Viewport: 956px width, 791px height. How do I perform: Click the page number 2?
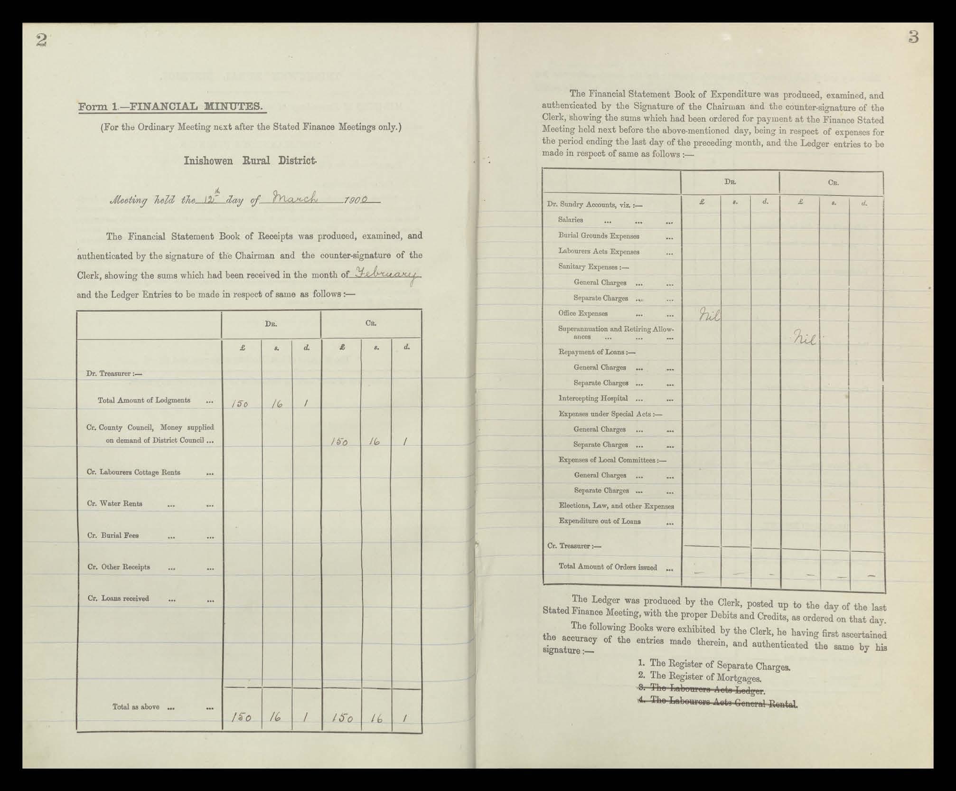coord(41,40)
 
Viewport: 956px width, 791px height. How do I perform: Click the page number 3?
coord(913,37)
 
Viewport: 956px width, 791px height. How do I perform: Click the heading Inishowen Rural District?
coord(250,160)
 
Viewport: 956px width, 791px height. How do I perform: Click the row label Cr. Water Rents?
coord(114,503)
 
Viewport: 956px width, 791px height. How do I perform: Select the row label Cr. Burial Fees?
coord(113,535)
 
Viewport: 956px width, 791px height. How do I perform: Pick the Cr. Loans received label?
coord(118,598)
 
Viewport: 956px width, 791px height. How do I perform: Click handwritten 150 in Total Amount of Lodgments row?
coord(240,404)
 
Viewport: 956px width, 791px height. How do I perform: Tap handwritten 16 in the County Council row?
coord(375,442)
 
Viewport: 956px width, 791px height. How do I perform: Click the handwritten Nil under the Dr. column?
coord(709,314)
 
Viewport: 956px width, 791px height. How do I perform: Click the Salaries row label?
coord(570,220)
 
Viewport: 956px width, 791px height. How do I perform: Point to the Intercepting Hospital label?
coord(593,398)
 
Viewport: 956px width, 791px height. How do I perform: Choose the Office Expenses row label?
coord(582,313)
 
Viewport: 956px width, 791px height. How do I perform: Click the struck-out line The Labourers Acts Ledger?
coord(702,689)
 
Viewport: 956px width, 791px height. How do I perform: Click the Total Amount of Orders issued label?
coord(608,567)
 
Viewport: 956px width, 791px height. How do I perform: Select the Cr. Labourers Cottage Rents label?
coord(133,472)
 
